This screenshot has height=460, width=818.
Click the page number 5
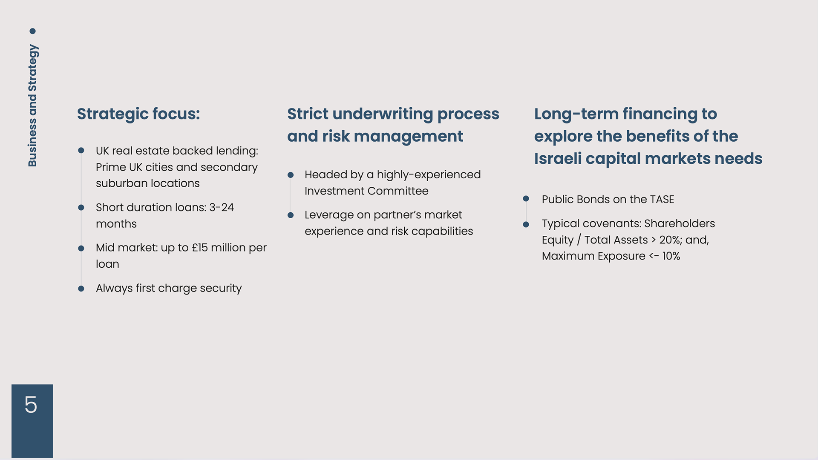(31, 404)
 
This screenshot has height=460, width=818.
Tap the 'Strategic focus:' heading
(138, 114)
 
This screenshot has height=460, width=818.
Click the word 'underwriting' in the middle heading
(383, 114)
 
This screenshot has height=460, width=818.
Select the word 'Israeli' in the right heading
(558, 159)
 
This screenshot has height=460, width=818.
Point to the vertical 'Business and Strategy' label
(32, 106)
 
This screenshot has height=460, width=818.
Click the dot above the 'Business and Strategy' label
(32, 31)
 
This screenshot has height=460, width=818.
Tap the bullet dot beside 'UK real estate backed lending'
(81, 150)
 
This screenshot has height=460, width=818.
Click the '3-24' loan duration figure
(222, 208)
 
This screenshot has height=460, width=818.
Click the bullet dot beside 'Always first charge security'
(81, 289)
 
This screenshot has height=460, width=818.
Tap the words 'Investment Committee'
(366, 191)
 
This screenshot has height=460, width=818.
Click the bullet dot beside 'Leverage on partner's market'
(291, 215)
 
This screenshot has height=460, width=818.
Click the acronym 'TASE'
(662, 200)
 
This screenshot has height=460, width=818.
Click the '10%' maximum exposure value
(671, 256)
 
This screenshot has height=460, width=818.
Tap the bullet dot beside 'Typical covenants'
(526, 224)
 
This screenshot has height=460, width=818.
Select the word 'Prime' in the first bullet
(111, 167)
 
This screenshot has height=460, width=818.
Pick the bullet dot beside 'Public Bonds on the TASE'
(526, 199)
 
